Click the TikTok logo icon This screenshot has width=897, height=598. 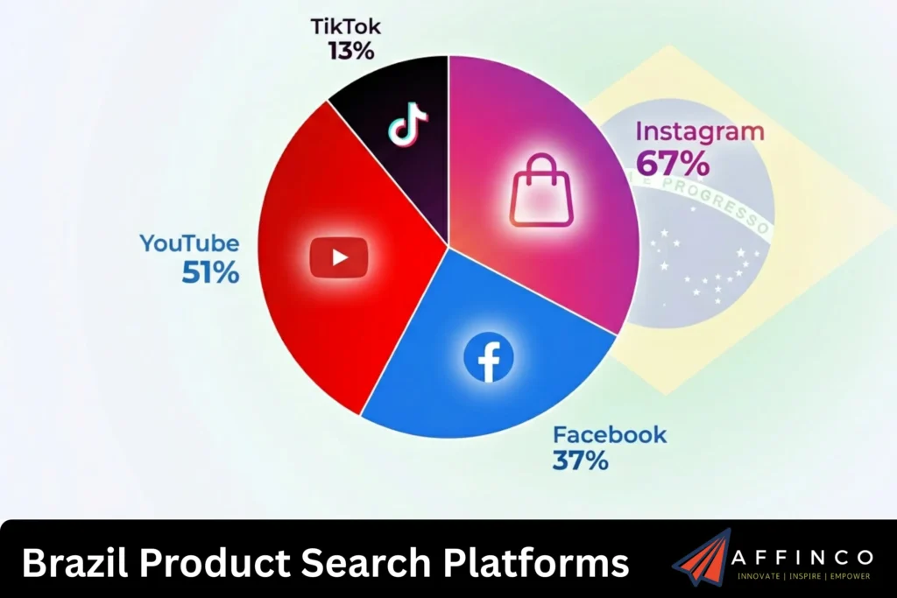407,124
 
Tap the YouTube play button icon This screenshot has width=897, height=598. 339,257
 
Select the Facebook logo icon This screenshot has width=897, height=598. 488,357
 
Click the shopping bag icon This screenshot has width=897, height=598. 541,191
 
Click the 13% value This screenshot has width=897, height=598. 351,50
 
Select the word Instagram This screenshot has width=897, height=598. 699,132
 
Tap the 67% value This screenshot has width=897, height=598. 673,163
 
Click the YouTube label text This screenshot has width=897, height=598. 188,243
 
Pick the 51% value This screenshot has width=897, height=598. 210,273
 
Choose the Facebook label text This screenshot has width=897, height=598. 609,434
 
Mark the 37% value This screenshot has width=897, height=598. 580,461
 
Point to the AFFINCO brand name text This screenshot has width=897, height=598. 804,558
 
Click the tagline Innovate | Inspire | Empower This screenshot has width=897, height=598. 804,578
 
